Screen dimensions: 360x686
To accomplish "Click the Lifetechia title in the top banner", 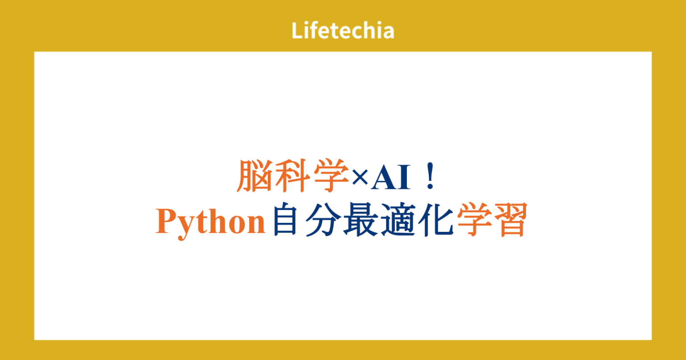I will tap(343, 31).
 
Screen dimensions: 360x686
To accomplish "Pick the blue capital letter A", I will tap(385, 178).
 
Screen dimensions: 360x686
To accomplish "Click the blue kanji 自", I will tap(286, 220).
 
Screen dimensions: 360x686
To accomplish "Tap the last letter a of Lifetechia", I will tap(389, 32).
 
